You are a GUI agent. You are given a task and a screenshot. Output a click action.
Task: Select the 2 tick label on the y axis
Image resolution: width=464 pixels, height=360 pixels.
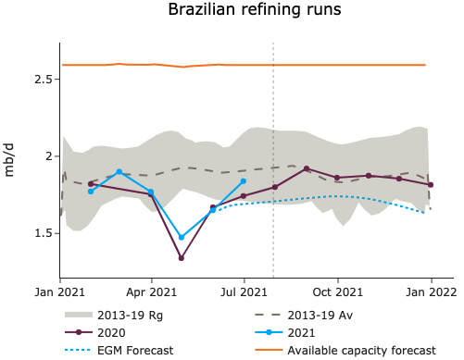(x=46, y=156)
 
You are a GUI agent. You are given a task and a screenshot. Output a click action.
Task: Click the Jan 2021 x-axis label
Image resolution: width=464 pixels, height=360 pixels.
(x=60, y=292)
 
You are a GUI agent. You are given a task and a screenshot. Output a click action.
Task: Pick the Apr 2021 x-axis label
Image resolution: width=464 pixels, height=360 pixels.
(x=152, y=292)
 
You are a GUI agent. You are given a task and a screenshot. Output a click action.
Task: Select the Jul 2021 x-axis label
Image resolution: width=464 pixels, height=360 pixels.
(x=244, y=292)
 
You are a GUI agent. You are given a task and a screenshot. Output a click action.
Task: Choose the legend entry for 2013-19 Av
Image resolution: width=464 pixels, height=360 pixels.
(x=321, y=315)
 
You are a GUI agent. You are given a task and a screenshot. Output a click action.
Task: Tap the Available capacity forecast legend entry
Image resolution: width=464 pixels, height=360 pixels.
(x=361, y=350)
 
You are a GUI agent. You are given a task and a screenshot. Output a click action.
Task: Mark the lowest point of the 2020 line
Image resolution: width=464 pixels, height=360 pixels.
(x=182, y=258)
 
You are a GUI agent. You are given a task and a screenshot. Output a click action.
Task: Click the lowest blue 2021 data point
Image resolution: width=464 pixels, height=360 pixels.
(x=182, y=238)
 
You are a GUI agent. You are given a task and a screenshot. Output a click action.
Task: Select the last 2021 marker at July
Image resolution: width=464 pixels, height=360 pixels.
(x=244, y=181)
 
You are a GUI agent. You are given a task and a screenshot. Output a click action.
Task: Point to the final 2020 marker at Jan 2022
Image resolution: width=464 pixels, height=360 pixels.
(x=431, y=185)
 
